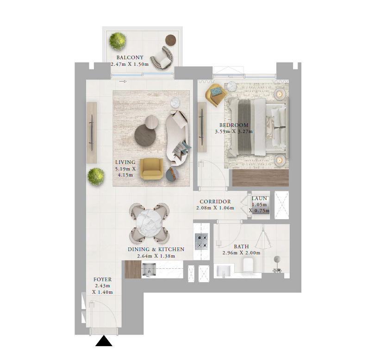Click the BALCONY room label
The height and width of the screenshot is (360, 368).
click(x=130, y=57)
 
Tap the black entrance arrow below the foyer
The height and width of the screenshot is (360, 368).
click(x=104, y=341)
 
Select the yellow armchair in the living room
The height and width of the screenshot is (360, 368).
click(x=151, y=169)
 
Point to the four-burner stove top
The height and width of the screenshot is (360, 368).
click(x=201, y=241)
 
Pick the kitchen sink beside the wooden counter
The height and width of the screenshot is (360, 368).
click(x=149, y=269)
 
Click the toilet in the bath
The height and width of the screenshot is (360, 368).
click(x=248, y=265)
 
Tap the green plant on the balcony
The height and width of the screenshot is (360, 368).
click(x=118, y=41)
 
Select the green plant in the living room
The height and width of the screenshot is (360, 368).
click(x=96, y=177)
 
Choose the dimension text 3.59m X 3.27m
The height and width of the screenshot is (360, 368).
click(x=234, y=132)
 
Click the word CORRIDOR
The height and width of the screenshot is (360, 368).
click(x=215, y=202)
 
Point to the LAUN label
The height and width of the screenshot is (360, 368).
click(x=259, y=198)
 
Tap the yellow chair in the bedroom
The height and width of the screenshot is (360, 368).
click(x=216, y=94)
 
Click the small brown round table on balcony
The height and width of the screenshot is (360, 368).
click(x=171, y=40)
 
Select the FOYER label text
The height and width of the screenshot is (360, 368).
click(x=103, y=279)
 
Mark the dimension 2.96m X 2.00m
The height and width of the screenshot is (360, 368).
click(x=241, y=253)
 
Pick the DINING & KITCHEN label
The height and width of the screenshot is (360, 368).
click(x=156, y=249)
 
